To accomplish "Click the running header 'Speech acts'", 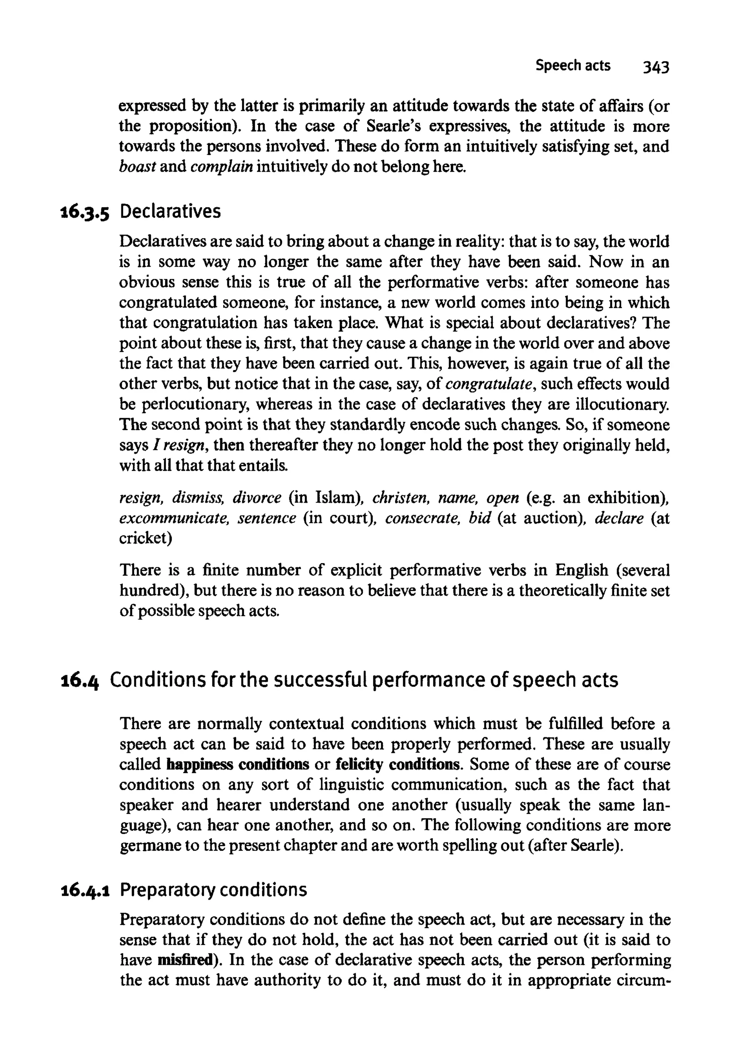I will (573, 66).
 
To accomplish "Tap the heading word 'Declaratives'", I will (170, 211).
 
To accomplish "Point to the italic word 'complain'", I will (222, 167).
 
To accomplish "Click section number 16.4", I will (81, 681).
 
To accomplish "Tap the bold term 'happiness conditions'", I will (238, 765).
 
